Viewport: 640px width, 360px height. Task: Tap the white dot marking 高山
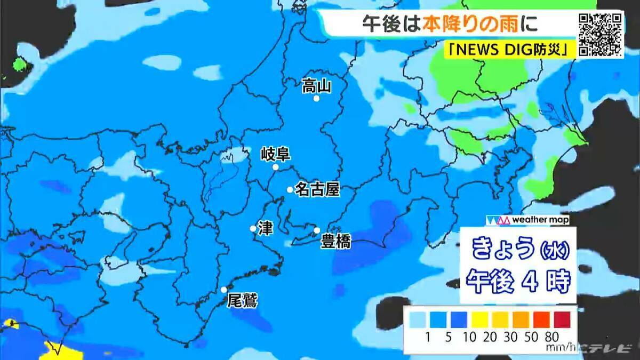[316, 99]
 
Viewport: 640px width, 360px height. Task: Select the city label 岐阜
[275, 155]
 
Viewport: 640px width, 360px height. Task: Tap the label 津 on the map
[265, 228]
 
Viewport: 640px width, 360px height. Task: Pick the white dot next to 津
[253, 228]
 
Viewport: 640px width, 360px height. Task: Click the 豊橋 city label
[335, 242]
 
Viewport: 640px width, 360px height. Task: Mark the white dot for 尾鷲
[224, 290]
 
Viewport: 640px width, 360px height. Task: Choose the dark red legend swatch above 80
[562, 320]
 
